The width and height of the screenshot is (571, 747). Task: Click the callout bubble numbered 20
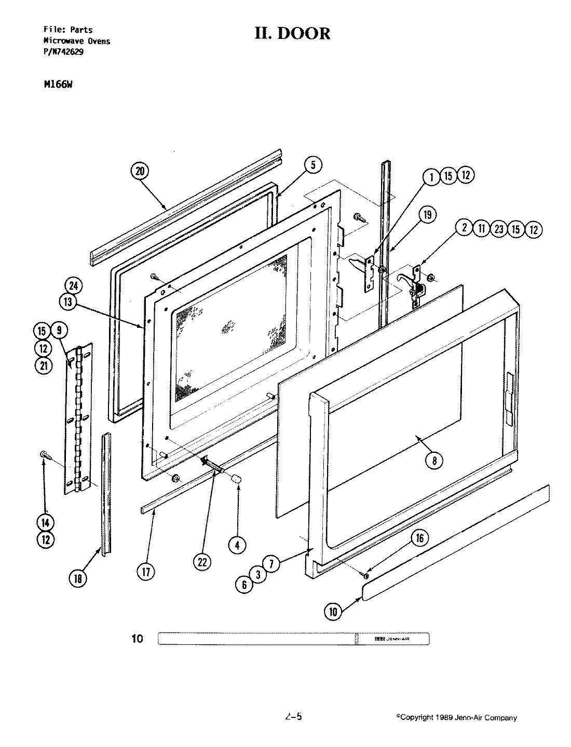pyautogui.click(x=140, y=172)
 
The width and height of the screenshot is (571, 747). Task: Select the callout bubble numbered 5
pyautogui.click(x=312, y=165)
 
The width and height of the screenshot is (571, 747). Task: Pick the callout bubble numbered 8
pyautogui.click(x=434, y=459)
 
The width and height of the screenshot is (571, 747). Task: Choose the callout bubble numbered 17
pyautogui.click(x=146, y=572)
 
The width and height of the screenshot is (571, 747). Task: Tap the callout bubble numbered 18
pyautogui.click(x=78, y=579)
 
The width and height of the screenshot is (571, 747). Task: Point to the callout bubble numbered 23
pyautogui.click(x=499, y=229)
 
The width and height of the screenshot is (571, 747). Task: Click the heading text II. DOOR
pyautogui.click(x=292, y=33)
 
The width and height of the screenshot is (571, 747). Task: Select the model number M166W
pyautogui.click(x=58, y=86)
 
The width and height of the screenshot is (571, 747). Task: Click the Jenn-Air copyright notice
pyautogui.click(x=457, y=718)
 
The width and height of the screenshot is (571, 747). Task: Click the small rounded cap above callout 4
pyautogui.click(x=236, y=478)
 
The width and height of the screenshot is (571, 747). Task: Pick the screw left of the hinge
pyautogui.click(x=44, y=455)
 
